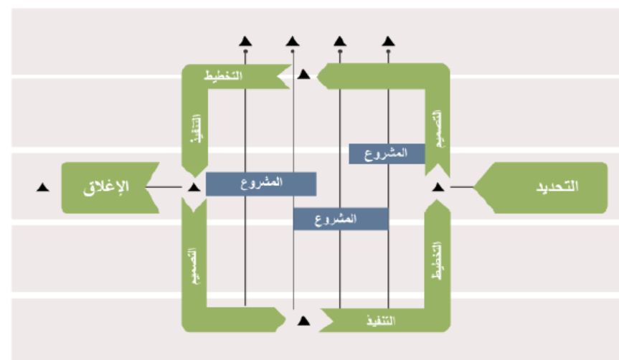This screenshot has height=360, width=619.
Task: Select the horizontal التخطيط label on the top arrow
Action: coord(225,75)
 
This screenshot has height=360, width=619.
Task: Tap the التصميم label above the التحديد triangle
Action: coord(437,130)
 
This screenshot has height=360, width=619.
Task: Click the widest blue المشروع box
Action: coord(261,184)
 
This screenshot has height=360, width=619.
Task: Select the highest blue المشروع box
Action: coord(387,153)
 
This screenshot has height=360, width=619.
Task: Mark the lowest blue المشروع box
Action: coord(341,218)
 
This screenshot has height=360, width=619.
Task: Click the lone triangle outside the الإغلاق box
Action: coord(42,187)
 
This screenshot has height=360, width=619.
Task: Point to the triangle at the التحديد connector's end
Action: coord(438,187)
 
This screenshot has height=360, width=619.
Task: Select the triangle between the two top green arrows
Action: coord(304,74)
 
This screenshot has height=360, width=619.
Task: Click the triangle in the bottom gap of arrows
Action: coord(303,320)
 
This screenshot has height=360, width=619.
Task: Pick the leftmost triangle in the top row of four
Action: coord(245,41)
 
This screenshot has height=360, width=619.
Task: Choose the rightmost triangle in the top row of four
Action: coord(388,41)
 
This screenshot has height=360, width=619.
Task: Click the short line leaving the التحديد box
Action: coord(463,187)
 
